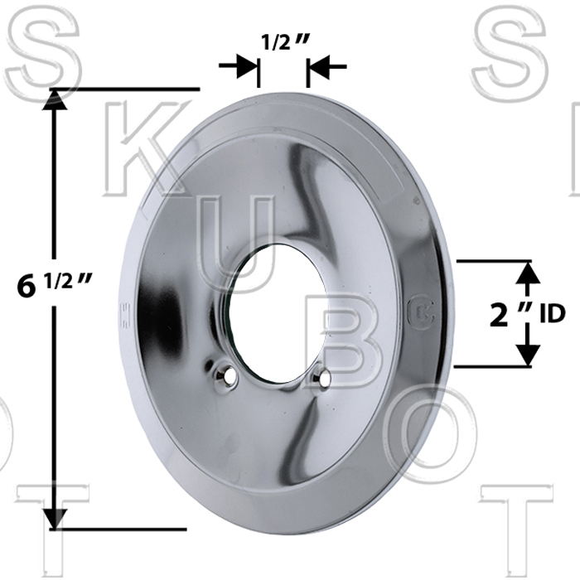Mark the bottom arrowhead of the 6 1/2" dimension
55,519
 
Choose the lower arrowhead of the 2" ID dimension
528,355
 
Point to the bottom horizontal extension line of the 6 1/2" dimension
116,529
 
